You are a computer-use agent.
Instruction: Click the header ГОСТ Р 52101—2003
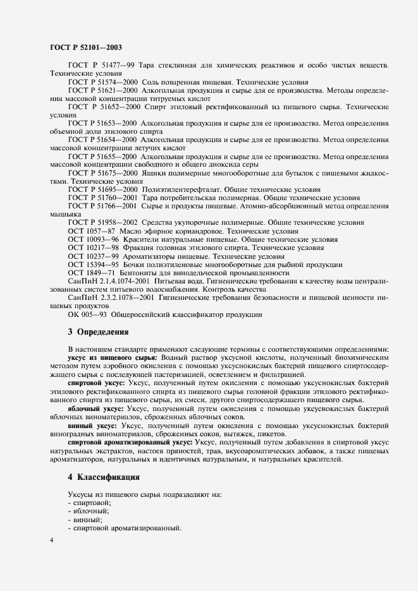pos(85,47)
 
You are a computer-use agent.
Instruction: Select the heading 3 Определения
pos(98,331)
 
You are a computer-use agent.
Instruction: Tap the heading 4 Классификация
pos(103,477)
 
